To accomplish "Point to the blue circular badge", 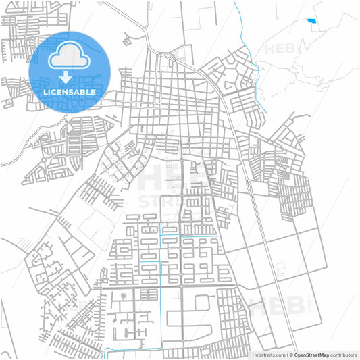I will (70, 72).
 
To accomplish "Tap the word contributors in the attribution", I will (342, 354).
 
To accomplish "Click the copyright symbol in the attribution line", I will (290, 354).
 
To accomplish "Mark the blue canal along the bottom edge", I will (135, 349).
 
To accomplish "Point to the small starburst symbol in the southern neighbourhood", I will (123, 296).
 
